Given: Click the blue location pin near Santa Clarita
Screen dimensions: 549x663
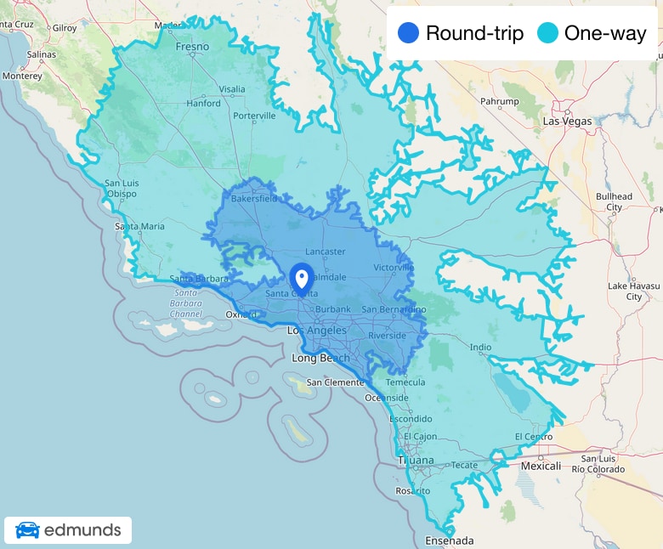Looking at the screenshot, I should click(301, 278).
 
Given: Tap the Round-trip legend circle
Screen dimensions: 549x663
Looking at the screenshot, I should click(408, 33).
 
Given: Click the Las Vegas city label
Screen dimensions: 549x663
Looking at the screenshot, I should click(567, 122).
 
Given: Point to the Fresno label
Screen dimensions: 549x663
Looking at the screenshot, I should click(192, 47).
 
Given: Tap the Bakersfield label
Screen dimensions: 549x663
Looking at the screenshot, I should click(254, 199).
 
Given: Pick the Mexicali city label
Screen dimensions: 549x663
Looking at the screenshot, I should click(541, 466).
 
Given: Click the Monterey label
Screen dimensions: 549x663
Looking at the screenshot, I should click(21, 76).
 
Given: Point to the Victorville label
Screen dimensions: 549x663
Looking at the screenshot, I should click(394, 268).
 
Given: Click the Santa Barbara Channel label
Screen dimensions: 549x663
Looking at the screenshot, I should click(185, 303).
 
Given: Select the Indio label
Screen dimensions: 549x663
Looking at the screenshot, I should click(480, 347).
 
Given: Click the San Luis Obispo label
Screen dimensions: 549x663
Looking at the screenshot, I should click(121, 188).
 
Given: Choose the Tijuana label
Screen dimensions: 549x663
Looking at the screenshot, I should click(416, 461).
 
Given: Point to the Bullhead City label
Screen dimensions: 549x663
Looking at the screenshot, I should click(614, 201).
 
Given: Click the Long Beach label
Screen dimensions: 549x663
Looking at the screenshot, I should click(320, 358).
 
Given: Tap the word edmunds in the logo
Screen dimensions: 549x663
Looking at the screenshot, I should click(82, 531).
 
